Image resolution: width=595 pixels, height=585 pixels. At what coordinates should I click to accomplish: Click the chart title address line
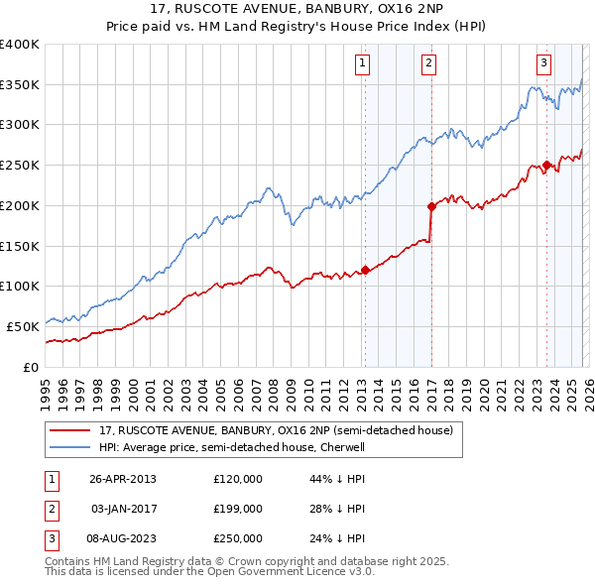pyautogui.click(x=297, y=10)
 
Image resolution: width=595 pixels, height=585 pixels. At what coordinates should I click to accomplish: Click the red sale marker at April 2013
pyautogui.click(x=365, y=269)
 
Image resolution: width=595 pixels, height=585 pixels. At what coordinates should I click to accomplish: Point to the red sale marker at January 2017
pyautogui.click(x=431, y=206)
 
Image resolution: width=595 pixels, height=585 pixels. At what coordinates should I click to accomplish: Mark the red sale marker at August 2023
pyautogui.click(x=546, y=166)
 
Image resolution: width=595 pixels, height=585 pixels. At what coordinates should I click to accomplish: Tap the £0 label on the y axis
pyautogui.click(x=30, y=367)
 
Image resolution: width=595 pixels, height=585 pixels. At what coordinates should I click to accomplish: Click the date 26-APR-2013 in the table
pyautogui.click(x=122, y=479)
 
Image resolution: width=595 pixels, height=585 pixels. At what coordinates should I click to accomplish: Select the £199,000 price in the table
pyautogui.click(x=238, y=509)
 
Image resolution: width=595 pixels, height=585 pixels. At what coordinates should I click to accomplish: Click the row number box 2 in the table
pyautogui.click(x=50, y=509)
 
